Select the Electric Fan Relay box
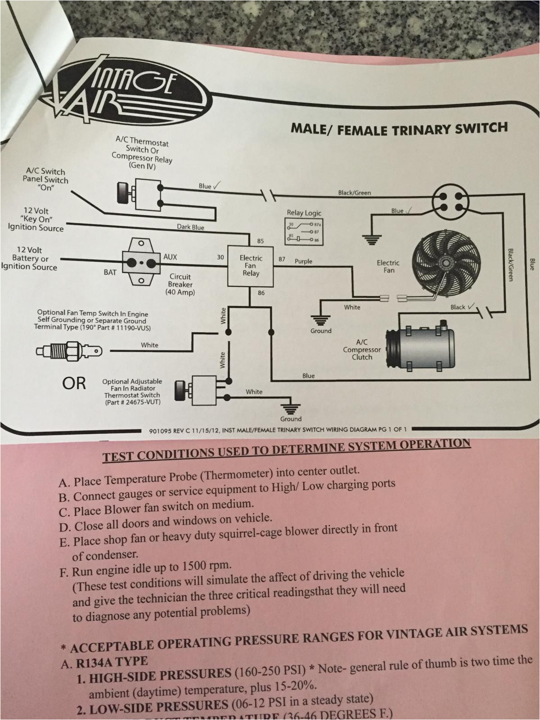(x=251, y=265)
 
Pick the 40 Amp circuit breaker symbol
(x=141, y=262)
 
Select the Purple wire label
(x=303, y=261)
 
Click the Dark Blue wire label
(x=190, y=227)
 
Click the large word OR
(x=74, y=383)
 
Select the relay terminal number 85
(x=260, y=241)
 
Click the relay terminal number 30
(x=220, y=258)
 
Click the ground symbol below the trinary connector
(x=371, y=238)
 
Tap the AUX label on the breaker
(x=170, y=257)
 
